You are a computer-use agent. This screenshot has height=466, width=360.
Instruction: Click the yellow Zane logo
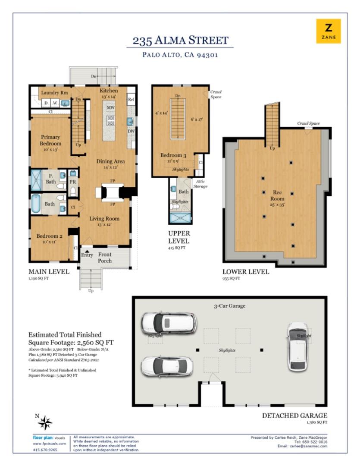pos(329,31)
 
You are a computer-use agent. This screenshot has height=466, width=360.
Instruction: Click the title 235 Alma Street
pos(180,41)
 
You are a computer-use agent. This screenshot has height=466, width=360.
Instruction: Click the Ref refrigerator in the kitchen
pos(131,100)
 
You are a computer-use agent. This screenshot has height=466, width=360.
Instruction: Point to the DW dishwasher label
pos(131,131)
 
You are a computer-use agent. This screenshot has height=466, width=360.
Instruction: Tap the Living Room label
pos(104,219)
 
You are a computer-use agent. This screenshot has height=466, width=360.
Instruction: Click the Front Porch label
pos(105,258)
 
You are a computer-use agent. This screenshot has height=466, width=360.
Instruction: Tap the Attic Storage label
pos(200,184)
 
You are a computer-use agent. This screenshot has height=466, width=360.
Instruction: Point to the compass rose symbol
pos(45,422)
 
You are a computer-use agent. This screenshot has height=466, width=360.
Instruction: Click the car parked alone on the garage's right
pos(297,346)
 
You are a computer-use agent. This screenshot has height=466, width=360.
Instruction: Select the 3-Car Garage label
pos(230,306)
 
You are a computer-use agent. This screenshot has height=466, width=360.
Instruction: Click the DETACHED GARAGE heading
pos(294,416)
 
